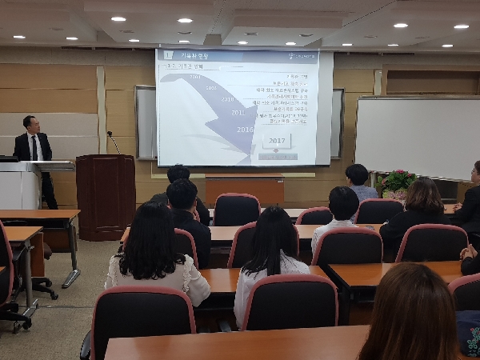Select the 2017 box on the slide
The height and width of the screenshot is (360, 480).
277,141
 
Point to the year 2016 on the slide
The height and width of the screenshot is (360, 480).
244,129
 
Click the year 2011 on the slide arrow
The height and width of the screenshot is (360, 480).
238,113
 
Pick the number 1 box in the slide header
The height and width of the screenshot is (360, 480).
169,55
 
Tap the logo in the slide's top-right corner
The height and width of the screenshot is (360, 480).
302,55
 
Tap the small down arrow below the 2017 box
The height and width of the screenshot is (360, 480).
277,156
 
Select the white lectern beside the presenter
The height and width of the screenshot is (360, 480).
20,185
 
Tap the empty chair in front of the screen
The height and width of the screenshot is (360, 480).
236,209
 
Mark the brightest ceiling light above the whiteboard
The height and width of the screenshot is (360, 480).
400,25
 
